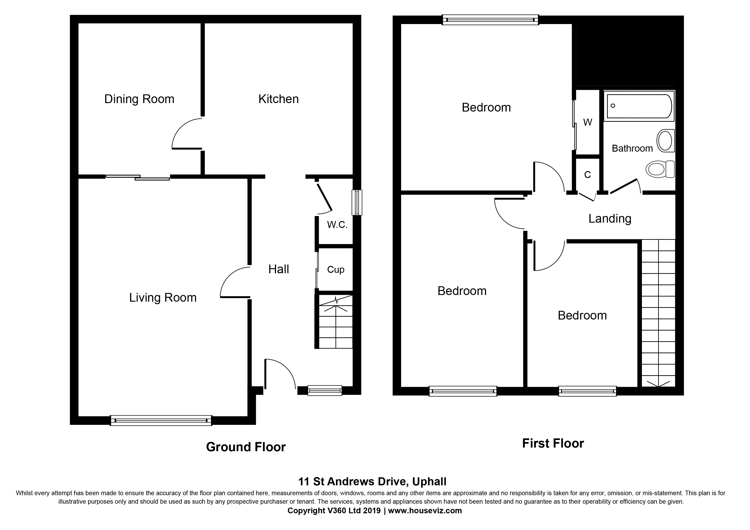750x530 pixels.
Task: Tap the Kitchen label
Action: click(x=278, y=99)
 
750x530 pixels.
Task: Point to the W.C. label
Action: click(x=337, y=225)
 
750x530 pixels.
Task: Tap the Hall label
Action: click(x=279, y=269)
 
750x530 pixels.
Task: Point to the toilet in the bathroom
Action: click(x=660, y=169)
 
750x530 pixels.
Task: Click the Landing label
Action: click(x=610, y=219)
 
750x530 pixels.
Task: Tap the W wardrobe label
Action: click(x=587, y=122)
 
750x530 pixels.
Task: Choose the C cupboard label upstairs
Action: click(x=587, y=175)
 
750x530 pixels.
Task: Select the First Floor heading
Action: click(x=553, y=443)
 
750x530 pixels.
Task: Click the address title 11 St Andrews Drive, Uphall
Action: click(x=372, y=481)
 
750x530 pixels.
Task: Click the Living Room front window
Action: click(x=161, y=420)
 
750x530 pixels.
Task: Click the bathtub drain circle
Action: click(x=613, y=106)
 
